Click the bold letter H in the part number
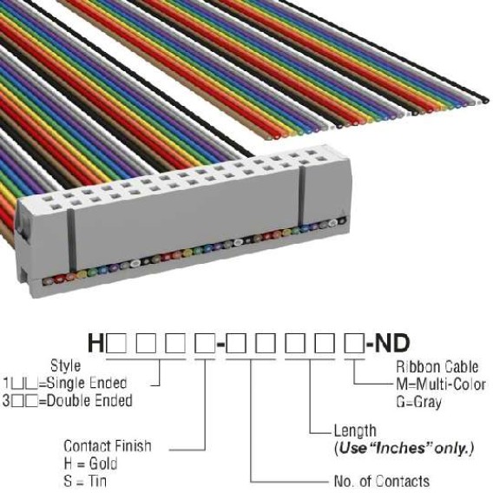click(95, 343)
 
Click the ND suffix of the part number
click(392, 343)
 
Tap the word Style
click(65, 365)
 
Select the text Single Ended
click(87, 383)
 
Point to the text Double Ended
click(89, 401)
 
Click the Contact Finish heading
click(108, 446)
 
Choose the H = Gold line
click(90, 463)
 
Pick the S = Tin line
click(85, 481)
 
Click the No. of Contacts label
click(382, 481)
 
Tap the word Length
click(355, 431)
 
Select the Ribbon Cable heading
click(437, 367)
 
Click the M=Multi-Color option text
click(441, 385)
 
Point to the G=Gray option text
click(418, 402)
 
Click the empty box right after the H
click(116, 344)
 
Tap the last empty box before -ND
click(354, 344)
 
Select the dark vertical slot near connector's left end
click(72, 240)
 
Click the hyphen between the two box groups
click(220, 345)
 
